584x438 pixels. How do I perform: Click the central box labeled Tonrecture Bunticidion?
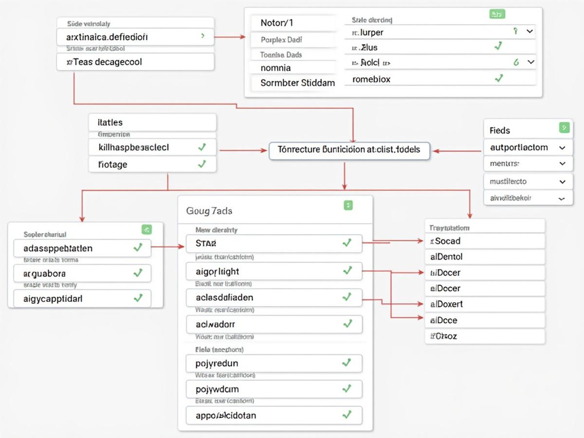(x=349, y=150)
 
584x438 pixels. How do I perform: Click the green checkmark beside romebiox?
(x=498, y=78)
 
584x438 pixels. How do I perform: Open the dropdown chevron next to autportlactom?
(x=563, y=147)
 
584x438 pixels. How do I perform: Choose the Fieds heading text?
(x=500, y=130)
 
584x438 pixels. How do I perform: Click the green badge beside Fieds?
(x=564, y=128)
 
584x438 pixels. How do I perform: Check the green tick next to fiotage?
(x=202, y=164)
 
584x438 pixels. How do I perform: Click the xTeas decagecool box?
(x=135, y=62)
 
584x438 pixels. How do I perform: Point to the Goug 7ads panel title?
(x=209, y=211)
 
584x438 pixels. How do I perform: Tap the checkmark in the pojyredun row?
(x=347, y=363)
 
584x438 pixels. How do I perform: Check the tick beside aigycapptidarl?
(x=138, y=298)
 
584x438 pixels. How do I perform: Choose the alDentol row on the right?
(x=484, y=256)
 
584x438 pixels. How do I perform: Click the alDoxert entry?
(x=484, y=304)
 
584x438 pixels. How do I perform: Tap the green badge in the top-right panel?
(x=496, y=15)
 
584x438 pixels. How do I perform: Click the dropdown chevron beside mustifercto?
(x=563, y=182)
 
